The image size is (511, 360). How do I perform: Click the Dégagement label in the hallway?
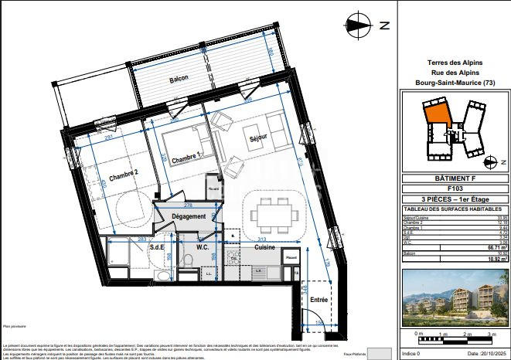point(189,216)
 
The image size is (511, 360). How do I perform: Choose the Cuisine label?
point(265,247)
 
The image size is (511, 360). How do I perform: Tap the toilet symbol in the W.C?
point(187,260)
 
